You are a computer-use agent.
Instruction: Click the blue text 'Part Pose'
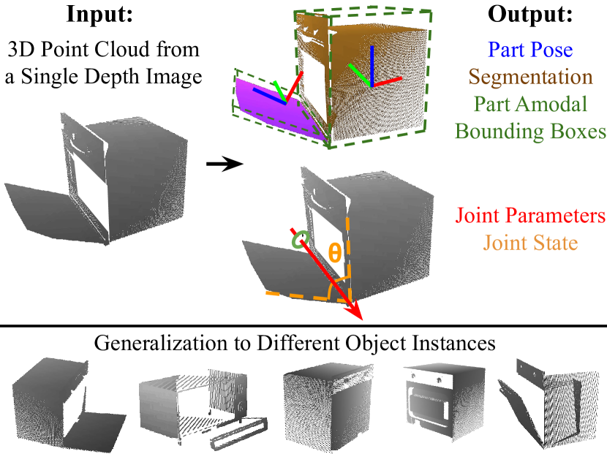pos(530,50)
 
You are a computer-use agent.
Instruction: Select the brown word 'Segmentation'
pos(530,77)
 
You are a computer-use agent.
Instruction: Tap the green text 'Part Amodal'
pos(530,104)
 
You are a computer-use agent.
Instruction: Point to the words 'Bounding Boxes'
pos(530,132)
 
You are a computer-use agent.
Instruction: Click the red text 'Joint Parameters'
pos(530,216)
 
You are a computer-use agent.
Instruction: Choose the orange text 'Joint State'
pos(530,243)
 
